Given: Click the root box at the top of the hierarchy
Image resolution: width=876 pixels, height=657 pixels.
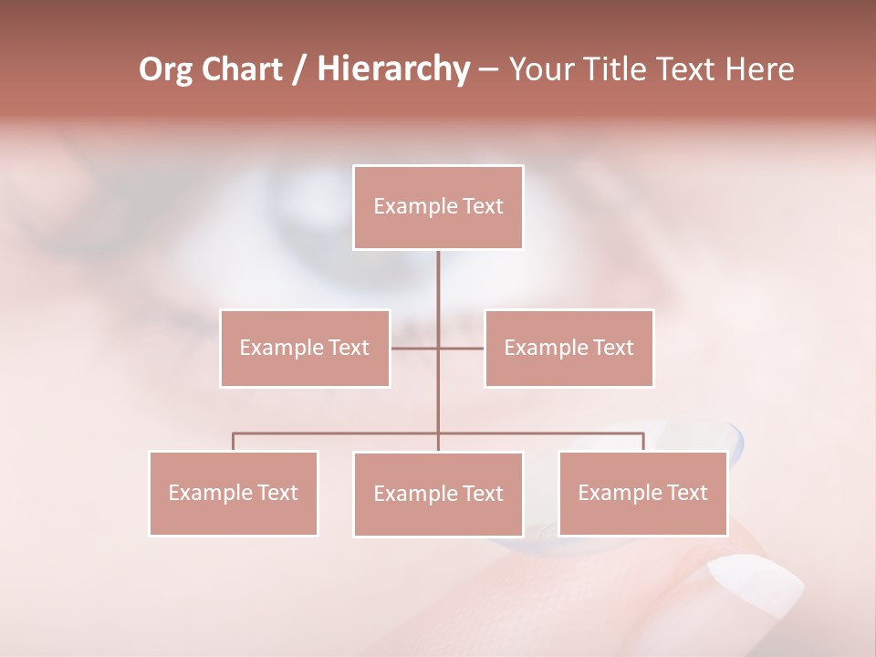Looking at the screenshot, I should tap(438, 207).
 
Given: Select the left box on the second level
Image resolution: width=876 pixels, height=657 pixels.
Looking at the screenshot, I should tap(305, 348).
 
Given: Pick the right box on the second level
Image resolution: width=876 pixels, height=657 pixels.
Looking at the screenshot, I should tap(568, 348).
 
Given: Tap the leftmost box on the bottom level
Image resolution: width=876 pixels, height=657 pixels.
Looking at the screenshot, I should tap(234, 493).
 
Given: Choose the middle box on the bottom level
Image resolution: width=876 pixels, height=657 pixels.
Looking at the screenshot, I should tap(438, 494).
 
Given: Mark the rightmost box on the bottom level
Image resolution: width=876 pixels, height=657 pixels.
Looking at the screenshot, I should tap(642, 493).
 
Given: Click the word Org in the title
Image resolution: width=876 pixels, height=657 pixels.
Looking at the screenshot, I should tap(167, 69).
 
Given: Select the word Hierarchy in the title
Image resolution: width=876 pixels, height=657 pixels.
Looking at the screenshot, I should tap(392, 69).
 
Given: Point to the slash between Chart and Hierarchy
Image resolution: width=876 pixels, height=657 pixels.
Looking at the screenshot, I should tap(299, 69).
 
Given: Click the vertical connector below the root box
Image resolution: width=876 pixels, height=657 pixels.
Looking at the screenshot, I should tap(438, 283).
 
